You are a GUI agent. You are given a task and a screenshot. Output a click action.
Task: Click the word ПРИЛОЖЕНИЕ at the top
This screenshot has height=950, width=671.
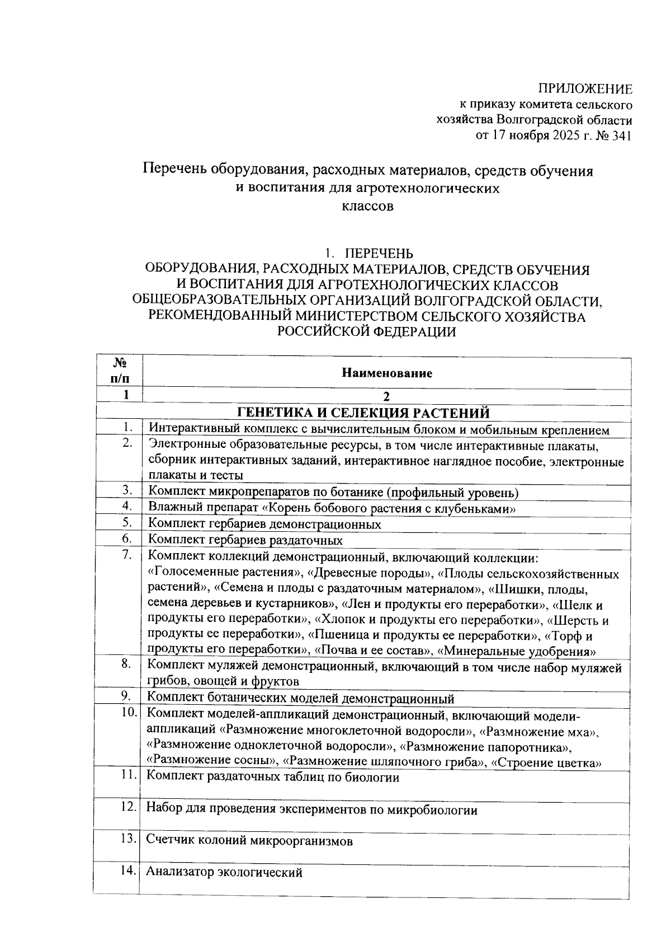pyautogui.click(x=585, y=88)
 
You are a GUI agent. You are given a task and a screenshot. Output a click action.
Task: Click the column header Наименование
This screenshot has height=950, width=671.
pyautogui.click(x=387, y=373)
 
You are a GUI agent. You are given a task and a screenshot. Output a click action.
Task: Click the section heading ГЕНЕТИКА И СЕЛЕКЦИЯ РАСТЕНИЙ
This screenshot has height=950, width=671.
pyautogui.click(x=363, y=413)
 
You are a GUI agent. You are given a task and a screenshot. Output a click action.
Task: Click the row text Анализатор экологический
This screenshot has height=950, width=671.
pyautogui.click(x=224, y=872)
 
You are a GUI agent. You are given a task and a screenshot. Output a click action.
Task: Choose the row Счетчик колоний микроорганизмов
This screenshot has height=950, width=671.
pyautogui.click(x=249, y=840)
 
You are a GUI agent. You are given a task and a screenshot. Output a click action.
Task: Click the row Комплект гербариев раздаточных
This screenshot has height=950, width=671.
pyautogui.click(x=245, y=540)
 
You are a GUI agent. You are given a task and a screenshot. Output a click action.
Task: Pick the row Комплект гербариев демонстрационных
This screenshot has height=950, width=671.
pyautogui.click(x=265, y=525)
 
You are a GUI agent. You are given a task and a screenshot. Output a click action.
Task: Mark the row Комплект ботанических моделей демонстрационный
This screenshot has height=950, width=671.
pyautogui.click(x=300, y=699)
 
